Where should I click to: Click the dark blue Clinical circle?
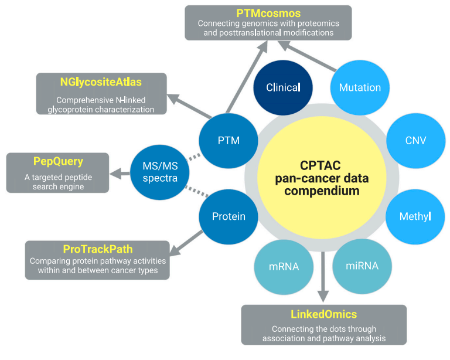pyautogui.click(x=282, y=87)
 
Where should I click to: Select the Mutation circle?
pyautogui.click(x=360, y=87)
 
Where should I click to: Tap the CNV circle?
pyautogui.click(x=415, y=140)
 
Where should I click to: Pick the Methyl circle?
pyautogui.click(x=415, y=216)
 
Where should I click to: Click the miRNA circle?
pyautogui.click(x=362, y=266)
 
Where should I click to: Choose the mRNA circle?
pyautogui.click(x=284, y=266)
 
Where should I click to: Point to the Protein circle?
pyautogui.click(x=229, y=216)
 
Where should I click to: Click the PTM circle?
pyautogui.click(x=228, y=140)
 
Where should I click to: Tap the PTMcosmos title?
pyautogui.click(x=268, y=13)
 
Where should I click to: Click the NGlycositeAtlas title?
pyautogui.click(x=101, y=81)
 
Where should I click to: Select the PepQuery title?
pyautogui.click(x=57, y=161)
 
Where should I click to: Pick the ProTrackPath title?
pyautogui.click(x=97, y=249)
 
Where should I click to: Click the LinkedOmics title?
pyautogui.click(x=323, y=314)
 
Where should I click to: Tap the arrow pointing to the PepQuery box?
pyautogui.click(x=121, y=172)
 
